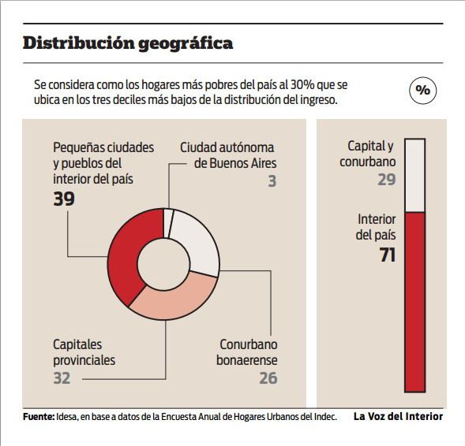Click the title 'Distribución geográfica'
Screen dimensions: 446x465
click(x=128, y=43)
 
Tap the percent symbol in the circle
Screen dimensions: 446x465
click(x=423, y=91)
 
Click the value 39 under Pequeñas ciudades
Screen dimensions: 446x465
click(x=64, y=199)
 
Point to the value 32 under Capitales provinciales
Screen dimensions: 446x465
click(x=62, y=379)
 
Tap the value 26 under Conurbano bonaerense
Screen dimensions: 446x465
click(x=268, y=379)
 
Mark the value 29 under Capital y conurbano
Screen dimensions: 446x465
click(x=386, y=180)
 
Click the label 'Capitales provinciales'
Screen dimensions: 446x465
click(x=84, y=352)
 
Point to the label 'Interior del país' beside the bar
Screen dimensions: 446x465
click(x=376, y=227)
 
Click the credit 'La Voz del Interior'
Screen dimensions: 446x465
click(x=398, y=417)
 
